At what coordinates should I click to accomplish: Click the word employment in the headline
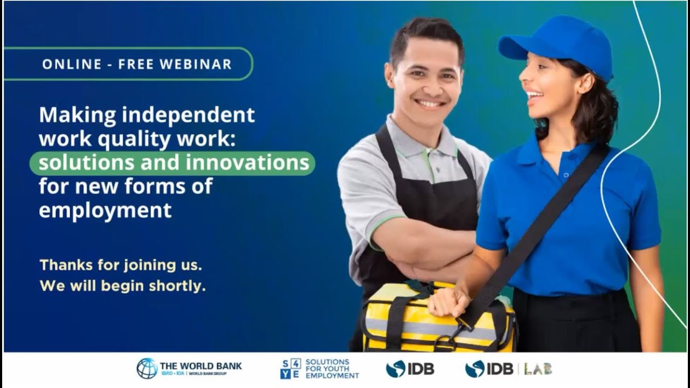105,210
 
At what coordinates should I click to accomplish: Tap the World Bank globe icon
147,369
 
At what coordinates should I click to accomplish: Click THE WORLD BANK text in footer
201,366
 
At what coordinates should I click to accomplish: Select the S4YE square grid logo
290,369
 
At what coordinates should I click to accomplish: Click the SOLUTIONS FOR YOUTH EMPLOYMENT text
332,369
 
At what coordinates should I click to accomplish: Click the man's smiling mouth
430,102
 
